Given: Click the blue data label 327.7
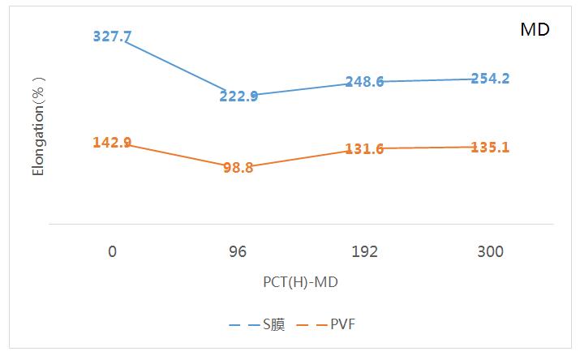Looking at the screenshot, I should [112, 36].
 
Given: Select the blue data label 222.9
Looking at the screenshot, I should [238, 96].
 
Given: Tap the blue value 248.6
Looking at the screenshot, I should [364, 82].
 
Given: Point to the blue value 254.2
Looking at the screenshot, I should [490, 79].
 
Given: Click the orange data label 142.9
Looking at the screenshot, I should [112, 143].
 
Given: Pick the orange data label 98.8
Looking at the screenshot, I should [238, 168].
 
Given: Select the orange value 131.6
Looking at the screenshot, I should [364, 148].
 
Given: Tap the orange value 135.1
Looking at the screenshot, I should [490, 147].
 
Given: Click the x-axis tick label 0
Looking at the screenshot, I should [112, 251].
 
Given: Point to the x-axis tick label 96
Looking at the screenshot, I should [238, 251].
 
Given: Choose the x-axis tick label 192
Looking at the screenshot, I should [364, 251].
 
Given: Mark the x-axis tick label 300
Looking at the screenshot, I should [490, 251].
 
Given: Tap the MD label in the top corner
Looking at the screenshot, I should [535, 30].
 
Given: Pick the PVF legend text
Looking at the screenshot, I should [342, 324].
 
